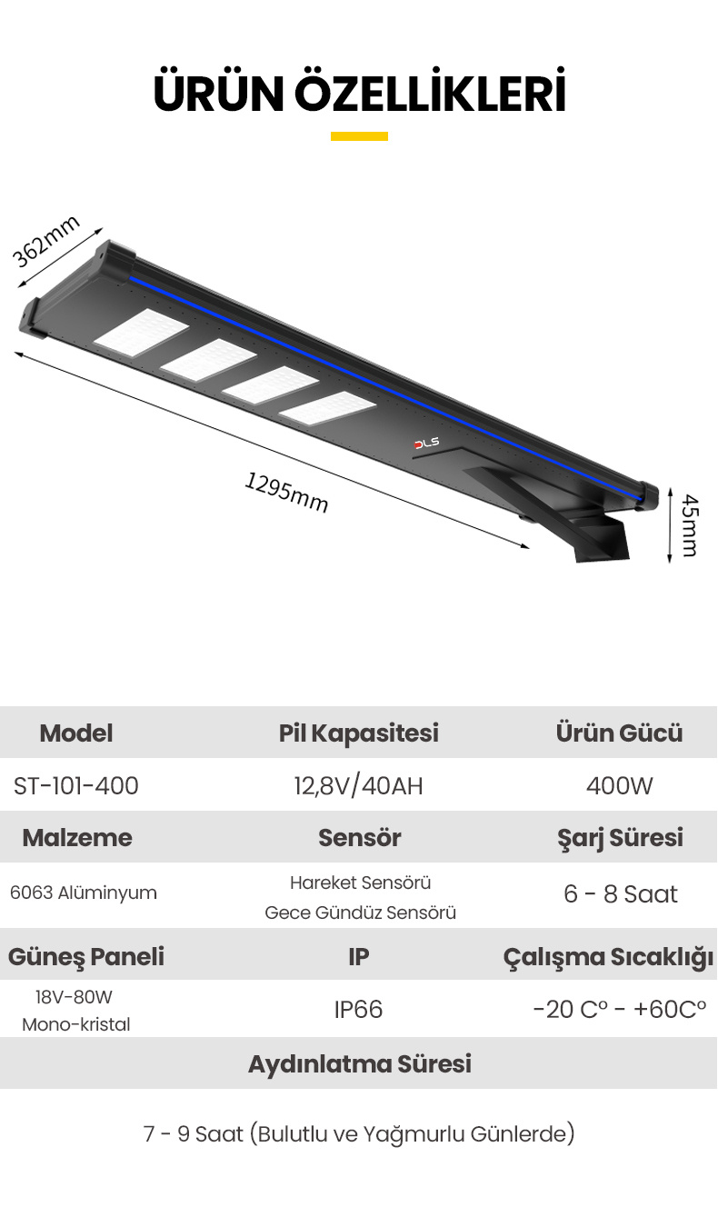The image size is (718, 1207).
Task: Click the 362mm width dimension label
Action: (45, 241)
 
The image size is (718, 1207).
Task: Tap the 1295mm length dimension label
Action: (286, 492)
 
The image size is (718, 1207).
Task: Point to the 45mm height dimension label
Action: (690, 525)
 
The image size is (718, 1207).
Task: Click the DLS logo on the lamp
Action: (426, 443)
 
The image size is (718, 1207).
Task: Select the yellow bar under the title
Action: (359, 136)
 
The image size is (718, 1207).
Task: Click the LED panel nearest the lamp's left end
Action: (141, 333)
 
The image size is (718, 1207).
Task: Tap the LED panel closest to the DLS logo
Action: (327, 408)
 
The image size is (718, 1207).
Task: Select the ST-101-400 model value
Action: (76, 785)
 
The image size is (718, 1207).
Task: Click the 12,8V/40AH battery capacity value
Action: (359, 785)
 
